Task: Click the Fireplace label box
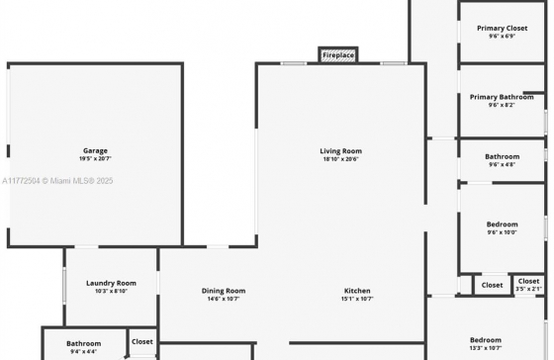point(338,55)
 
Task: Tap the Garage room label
point(95,151)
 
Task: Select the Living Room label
point(341,151)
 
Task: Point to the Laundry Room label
point(111,283)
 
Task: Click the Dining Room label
point(224,291)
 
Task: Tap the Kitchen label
point(357,291)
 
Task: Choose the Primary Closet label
point(503,29)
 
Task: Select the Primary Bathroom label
point(502,97)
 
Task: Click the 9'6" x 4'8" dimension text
point(503,164)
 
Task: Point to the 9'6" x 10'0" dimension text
point(503,232)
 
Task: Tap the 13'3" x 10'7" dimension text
point(486,348)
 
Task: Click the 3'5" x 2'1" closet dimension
point(528,289)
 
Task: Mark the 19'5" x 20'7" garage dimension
point(95,159)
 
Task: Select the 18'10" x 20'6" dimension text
point(341,159)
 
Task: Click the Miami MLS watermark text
point(57,181)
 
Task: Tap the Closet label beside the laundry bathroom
point(142,342)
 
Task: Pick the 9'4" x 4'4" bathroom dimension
point(84,352)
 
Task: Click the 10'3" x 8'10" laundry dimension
point(111,292)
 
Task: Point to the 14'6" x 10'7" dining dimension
point(224,299)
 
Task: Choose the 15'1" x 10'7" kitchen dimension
point(357,299)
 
